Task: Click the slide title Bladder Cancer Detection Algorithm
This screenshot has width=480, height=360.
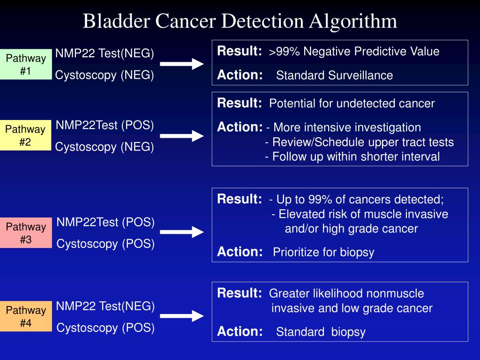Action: point(240,21)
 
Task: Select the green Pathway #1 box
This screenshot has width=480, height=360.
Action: point(26,64)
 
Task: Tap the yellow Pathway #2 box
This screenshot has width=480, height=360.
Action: point(26,135)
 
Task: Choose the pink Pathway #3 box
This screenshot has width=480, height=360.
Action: point(26,233)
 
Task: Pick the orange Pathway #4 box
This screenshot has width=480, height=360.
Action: point(26,316)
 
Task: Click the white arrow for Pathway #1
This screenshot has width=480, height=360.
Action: point(182,64)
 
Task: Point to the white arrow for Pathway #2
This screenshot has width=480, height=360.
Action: point(182,136)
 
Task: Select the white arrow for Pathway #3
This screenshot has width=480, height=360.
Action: point(182,232)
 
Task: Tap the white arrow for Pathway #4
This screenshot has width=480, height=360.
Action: point(182,315)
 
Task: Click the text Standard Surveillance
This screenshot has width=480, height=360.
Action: point(334,75)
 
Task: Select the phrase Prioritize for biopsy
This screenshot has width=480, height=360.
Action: point(323,252)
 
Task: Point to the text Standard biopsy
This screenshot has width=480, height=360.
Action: point(321,332)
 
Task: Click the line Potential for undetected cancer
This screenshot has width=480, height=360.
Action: point(352,104)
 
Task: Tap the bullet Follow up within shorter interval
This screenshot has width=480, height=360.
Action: point(352,157)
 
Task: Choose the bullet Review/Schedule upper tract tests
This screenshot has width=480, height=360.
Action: point(360,142)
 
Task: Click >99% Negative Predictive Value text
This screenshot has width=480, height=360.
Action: point(354,52)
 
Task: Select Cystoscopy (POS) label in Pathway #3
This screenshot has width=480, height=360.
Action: point(105,244)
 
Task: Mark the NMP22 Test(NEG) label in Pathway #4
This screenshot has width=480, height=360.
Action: point(105,307)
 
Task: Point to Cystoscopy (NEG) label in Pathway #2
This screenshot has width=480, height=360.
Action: point(105,147)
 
